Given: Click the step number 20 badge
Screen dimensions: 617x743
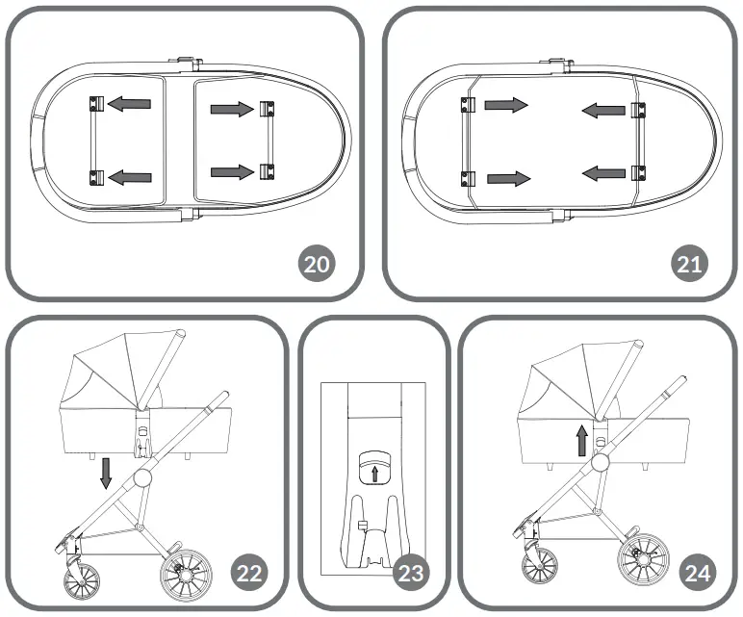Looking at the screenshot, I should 315,264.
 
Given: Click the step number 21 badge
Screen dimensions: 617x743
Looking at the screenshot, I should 689,264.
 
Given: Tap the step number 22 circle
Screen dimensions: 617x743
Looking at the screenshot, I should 250,574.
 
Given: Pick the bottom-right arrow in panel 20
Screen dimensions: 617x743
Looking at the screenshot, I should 232,171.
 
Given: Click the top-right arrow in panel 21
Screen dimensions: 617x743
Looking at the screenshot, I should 603,112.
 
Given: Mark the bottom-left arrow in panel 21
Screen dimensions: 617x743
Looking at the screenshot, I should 507,178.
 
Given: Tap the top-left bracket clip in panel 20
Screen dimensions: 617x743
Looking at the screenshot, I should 95,102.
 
